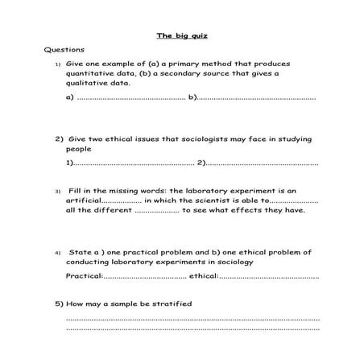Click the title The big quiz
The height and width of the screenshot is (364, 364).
(x=182, y=36)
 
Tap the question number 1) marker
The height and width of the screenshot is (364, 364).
(x=57, y=64)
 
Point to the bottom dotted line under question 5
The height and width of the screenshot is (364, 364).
(x=192, y=328)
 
